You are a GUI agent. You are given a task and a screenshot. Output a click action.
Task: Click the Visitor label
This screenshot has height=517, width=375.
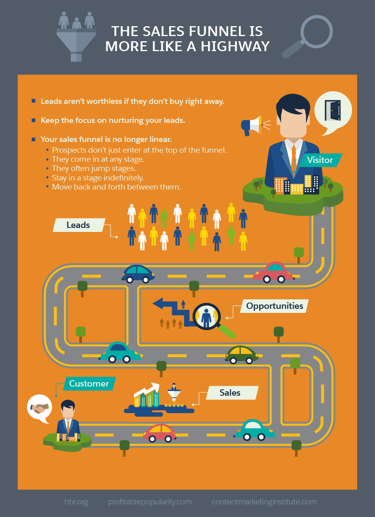(x=320, y=160)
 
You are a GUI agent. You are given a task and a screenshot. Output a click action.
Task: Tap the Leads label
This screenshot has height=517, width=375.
(x=78, y=225)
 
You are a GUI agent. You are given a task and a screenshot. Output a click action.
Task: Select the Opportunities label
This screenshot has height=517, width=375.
(x=274, y=306)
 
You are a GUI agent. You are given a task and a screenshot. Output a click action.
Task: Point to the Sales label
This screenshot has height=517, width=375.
(x=230, y=393)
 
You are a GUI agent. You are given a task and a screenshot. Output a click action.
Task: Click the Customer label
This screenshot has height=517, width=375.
(x=89, y=383)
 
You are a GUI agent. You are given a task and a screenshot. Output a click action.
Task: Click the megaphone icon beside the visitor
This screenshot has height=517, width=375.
(x=252, y=125)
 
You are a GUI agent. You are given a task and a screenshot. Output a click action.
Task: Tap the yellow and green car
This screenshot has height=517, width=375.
(x=242, y=354)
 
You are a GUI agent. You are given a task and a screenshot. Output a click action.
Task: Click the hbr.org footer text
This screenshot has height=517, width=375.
(x=76, y=502)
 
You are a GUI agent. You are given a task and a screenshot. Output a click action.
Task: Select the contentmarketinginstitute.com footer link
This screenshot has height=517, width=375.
(x=264, y=502)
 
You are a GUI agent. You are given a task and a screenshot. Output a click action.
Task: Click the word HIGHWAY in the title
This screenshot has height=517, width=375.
(x=235, y=46)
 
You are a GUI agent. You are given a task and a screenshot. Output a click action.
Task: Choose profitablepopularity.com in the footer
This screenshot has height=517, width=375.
(x=150, y=502)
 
